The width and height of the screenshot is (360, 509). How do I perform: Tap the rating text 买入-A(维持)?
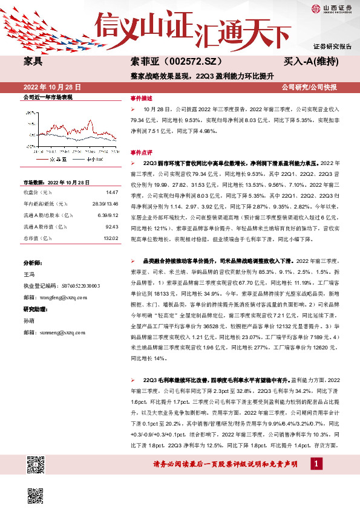coord(319,61)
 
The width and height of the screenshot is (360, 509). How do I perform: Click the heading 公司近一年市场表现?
coord(47,97)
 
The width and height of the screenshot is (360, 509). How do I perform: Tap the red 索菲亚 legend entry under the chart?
coord(55,160)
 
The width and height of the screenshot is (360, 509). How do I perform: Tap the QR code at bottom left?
coord(37,467)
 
